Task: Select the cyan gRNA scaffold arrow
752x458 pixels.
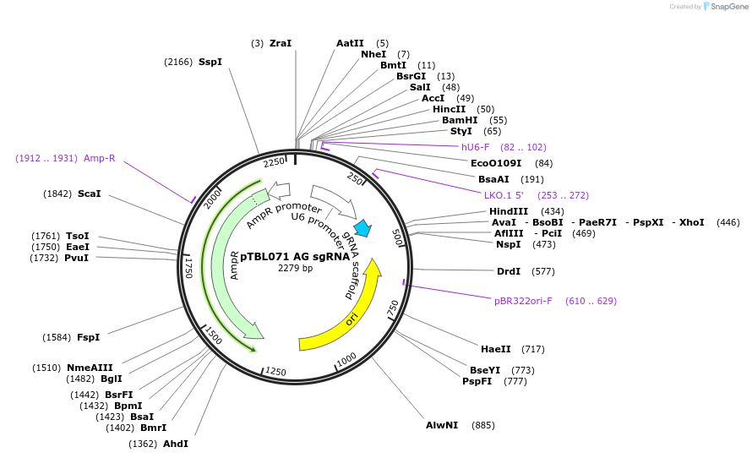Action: pyautogui.click(x=363, y=227)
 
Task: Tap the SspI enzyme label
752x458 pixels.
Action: pyautogui.click(x=210, y=62)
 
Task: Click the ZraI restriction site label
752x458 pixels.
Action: pyautogui.click(x=281, y=43)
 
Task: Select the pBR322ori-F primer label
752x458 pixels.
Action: pyautogui.click(x=523, y=301)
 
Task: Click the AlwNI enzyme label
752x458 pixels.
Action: pyautogui.click(x=442, y=425)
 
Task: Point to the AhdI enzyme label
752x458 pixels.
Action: pyautogui.click(x=176, y=444)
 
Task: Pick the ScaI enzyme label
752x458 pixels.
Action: pyautogui.click(x=89, y=194)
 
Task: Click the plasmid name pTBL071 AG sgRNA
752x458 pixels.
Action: pyautogui.click(x=295, y=256)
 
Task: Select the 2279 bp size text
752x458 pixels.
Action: pyautogui.click(x=295, y=269)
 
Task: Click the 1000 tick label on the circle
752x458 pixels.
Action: pyautogui.click(x=346, y=362)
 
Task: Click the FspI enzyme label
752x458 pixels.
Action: pyautogui.click(x=88, y=337)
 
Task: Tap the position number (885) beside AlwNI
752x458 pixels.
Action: pyautogui.click(x=482, y=425)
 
